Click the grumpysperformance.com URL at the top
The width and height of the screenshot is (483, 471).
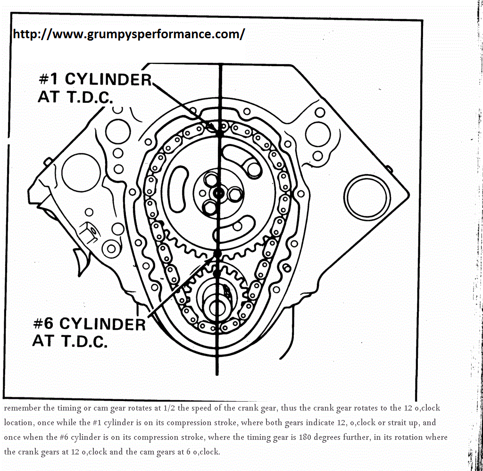(x=128, y=34)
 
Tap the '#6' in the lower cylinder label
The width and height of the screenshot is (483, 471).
(x=44, y=324)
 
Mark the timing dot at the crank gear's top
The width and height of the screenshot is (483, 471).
(x=217, y=273)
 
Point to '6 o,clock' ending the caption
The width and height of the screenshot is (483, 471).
(x=201, y=452)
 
